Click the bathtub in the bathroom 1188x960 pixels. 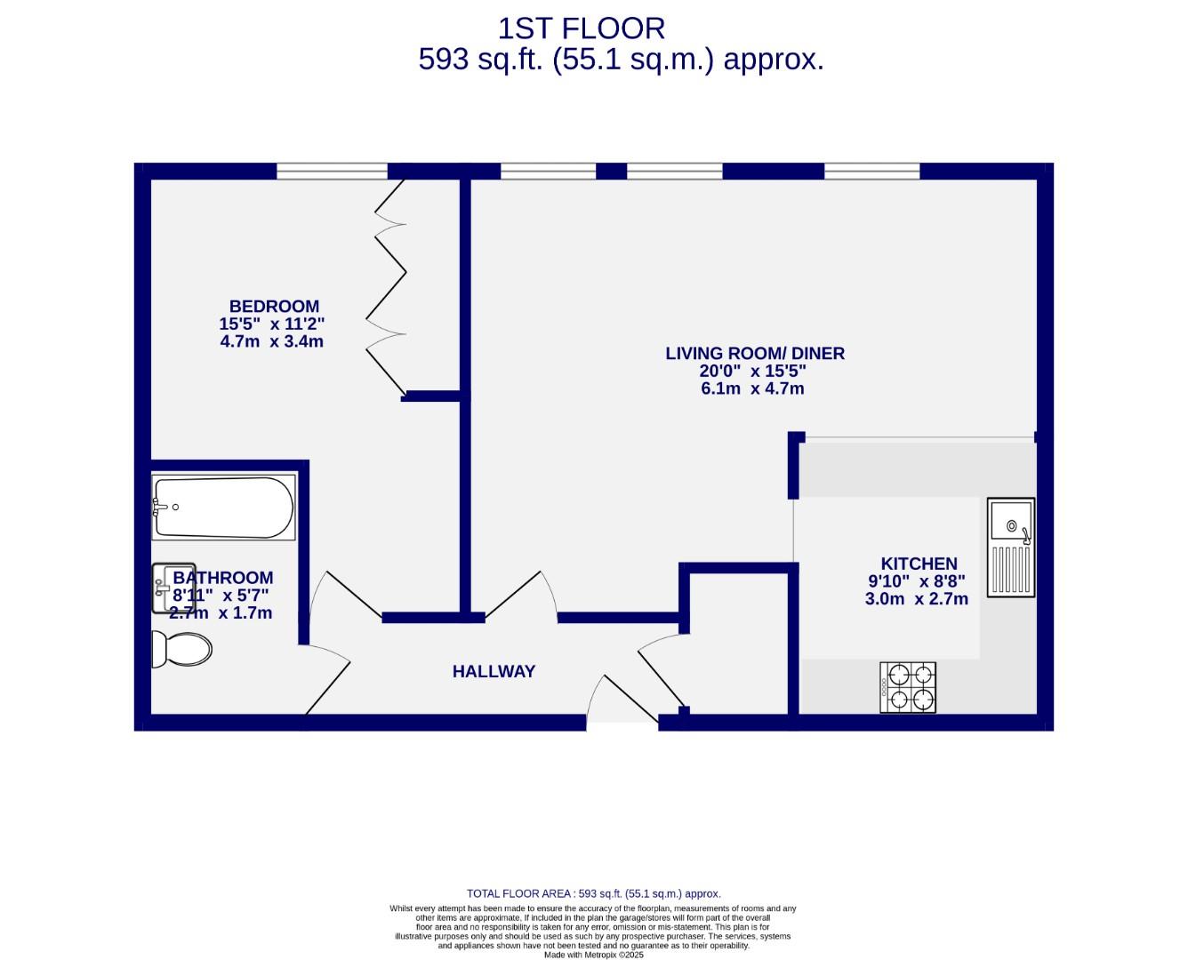click(223, 508)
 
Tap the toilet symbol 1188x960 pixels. click(181, 649)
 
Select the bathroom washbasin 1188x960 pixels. click(173, 588)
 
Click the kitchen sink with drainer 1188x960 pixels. click(1011, 547)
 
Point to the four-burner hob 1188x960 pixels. click(908, 687)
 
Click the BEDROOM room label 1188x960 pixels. click(274, 307)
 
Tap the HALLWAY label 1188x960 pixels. click(494, 671)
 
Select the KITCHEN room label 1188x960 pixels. click(919, 564)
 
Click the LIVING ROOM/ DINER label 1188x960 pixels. click(755, 353)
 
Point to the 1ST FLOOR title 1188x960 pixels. click(581, 28)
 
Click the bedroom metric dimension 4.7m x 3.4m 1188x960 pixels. click(272, 341)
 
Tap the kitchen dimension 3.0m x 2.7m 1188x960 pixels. click(916, 599)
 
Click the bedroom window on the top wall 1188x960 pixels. click(332, 171)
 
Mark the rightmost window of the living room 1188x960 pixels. click(871, 171)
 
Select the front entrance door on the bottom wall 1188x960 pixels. click(621, 702)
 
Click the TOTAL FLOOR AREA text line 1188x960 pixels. click(593, 893)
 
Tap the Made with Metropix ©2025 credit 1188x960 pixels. click(593, 955)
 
